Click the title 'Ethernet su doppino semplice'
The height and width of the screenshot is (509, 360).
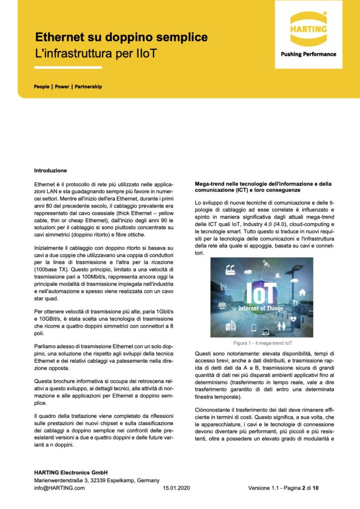[x=121, y=37]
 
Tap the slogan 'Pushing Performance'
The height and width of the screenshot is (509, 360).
[x=308, y=54]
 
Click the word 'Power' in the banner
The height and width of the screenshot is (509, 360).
[x=62, y=86]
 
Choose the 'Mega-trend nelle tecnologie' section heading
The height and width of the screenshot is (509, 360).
[x=263, y=187]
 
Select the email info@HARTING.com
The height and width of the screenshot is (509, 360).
[x=59, y=488]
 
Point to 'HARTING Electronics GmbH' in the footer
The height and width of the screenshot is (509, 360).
[x=71, y=472]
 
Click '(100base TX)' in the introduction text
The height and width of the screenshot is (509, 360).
[x=52, y=281]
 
